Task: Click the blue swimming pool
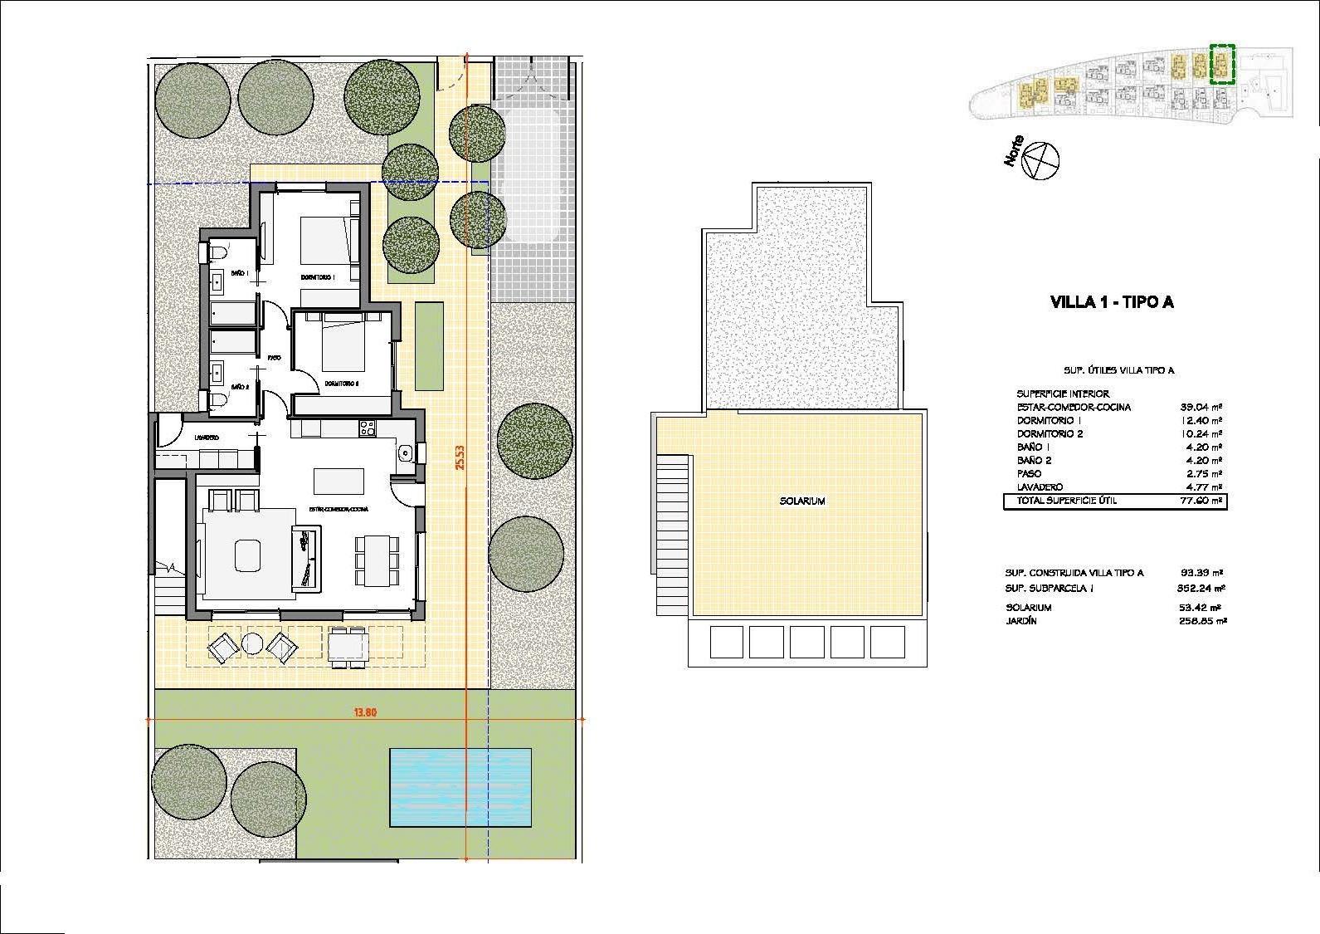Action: pos(460,787)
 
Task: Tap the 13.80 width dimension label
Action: pos(365,712)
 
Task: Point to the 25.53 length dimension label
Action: pos(459,456)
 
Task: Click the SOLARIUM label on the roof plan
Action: pos(801,501)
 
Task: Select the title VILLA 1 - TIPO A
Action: pos(1112,302)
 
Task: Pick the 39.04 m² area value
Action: pos(1201,408)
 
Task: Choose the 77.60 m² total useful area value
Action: pos(1201,501)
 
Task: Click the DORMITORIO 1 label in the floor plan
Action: pos(317,277)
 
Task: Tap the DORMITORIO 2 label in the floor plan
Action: pos(341,384)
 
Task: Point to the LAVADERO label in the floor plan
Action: pos(207,438)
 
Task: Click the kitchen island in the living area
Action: pos(339,481)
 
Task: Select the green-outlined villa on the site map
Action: pos(1222,65)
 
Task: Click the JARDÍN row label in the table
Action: pos(1021,621)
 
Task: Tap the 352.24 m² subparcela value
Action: pos(1201,589)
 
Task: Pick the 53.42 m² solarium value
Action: pos(1201,608)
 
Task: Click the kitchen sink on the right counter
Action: pos(405,452)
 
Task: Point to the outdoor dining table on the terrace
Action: pos(348,646)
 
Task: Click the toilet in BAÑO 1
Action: pos(218,252)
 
